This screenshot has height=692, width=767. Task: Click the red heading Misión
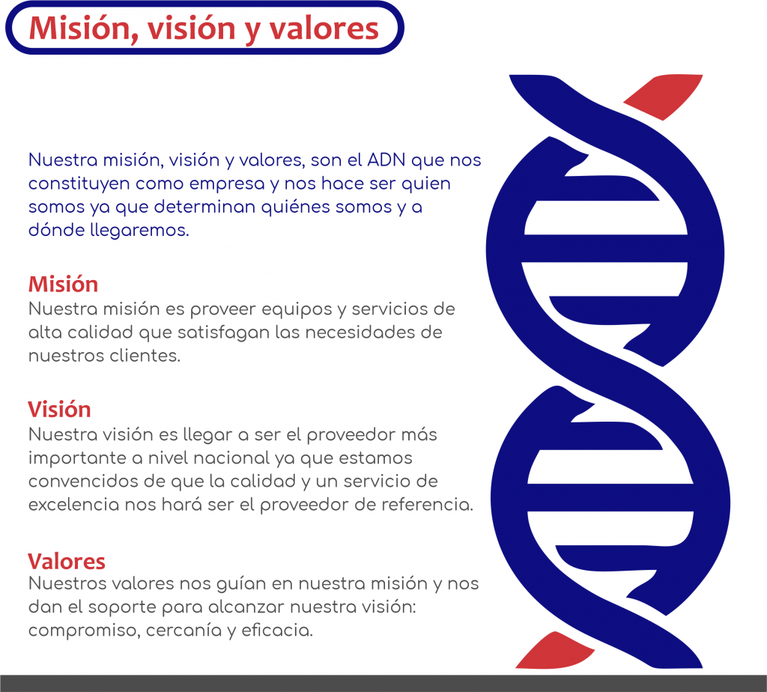pyautogui.click(x=63, y=284)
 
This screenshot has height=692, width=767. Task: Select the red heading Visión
pyautogui.click(x=59, y=410)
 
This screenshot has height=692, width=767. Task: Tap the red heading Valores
pyautogui.click(x=67, y=562)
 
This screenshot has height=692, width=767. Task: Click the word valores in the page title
pyautogui.click(x=324, y=28)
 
